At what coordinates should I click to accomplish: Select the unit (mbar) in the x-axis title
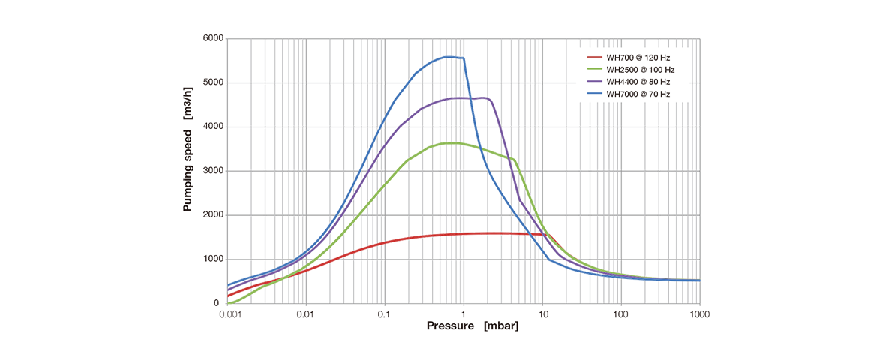[499, 326]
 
